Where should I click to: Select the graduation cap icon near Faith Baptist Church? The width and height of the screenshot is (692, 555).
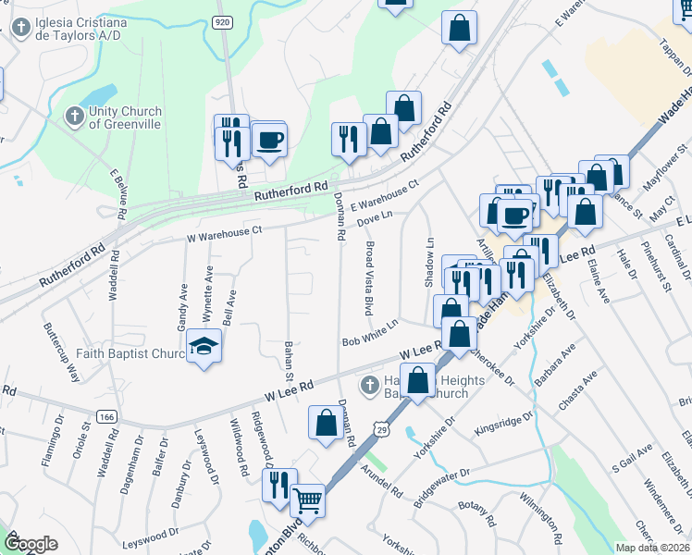click(203, 347)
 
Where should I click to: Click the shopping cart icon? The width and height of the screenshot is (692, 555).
click(307, 501)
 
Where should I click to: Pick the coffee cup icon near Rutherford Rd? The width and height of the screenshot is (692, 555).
click(269, 141)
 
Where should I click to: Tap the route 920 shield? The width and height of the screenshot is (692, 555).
click(223, 21)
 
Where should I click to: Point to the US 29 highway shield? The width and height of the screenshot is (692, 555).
click(381, 427)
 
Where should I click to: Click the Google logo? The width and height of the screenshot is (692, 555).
click(31, 543)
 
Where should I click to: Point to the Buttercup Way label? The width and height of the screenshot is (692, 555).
click(59, 341)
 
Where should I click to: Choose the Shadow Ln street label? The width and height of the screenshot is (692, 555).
click(429, 263)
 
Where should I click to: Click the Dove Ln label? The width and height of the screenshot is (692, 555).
click(376, 217)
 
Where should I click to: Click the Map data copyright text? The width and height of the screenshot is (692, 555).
click(652, 548)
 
